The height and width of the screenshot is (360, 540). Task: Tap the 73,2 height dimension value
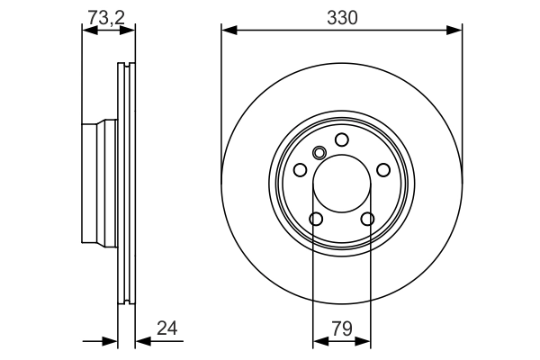click(x=106, y=16)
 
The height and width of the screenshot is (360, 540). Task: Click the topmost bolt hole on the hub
click(x=341, y=139)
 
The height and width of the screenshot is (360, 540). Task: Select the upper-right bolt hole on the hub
click(x=383, y=170)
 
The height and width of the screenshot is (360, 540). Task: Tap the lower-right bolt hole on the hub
click(x=367, y=219)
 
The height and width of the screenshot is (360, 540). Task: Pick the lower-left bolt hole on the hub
click(x=315, y=219)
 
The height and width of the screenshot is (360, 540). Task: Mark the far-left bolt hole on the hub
click(x=300, y=170)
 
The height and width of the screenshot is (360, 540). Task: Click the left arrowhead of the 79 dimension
click(x=318, y=342)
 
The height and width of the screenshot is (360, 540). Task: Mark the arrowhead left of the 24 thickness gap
click(x=112, y=342)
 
